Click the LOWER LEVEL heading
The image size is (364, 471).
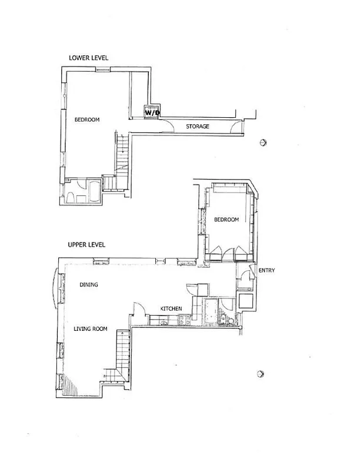[x=88, y=58]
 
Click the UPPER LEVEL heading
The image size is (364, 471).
[x=87, y=244]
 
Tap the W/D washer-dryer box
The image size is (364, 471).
[x=152, y=111]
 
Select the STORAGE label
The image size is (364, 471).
[x=198, y=127]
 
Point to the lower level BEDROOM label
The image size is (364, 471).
[x=87, y=120]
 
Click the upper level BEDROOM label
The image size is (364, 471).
[x=226, y=220]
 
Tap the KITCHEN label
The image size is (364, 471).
[x=171, y=309]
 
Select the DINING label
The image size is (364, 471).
[x=88, y=285]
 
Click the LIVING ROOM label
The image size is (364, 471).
[x=90, y=329]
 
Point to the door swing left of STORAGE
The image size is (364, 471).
[x=166, y=124]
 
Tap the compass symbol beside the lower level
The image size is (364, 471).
[x=263, y=142]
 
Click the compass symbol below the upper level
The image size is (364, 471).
[x=261, y=374]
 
